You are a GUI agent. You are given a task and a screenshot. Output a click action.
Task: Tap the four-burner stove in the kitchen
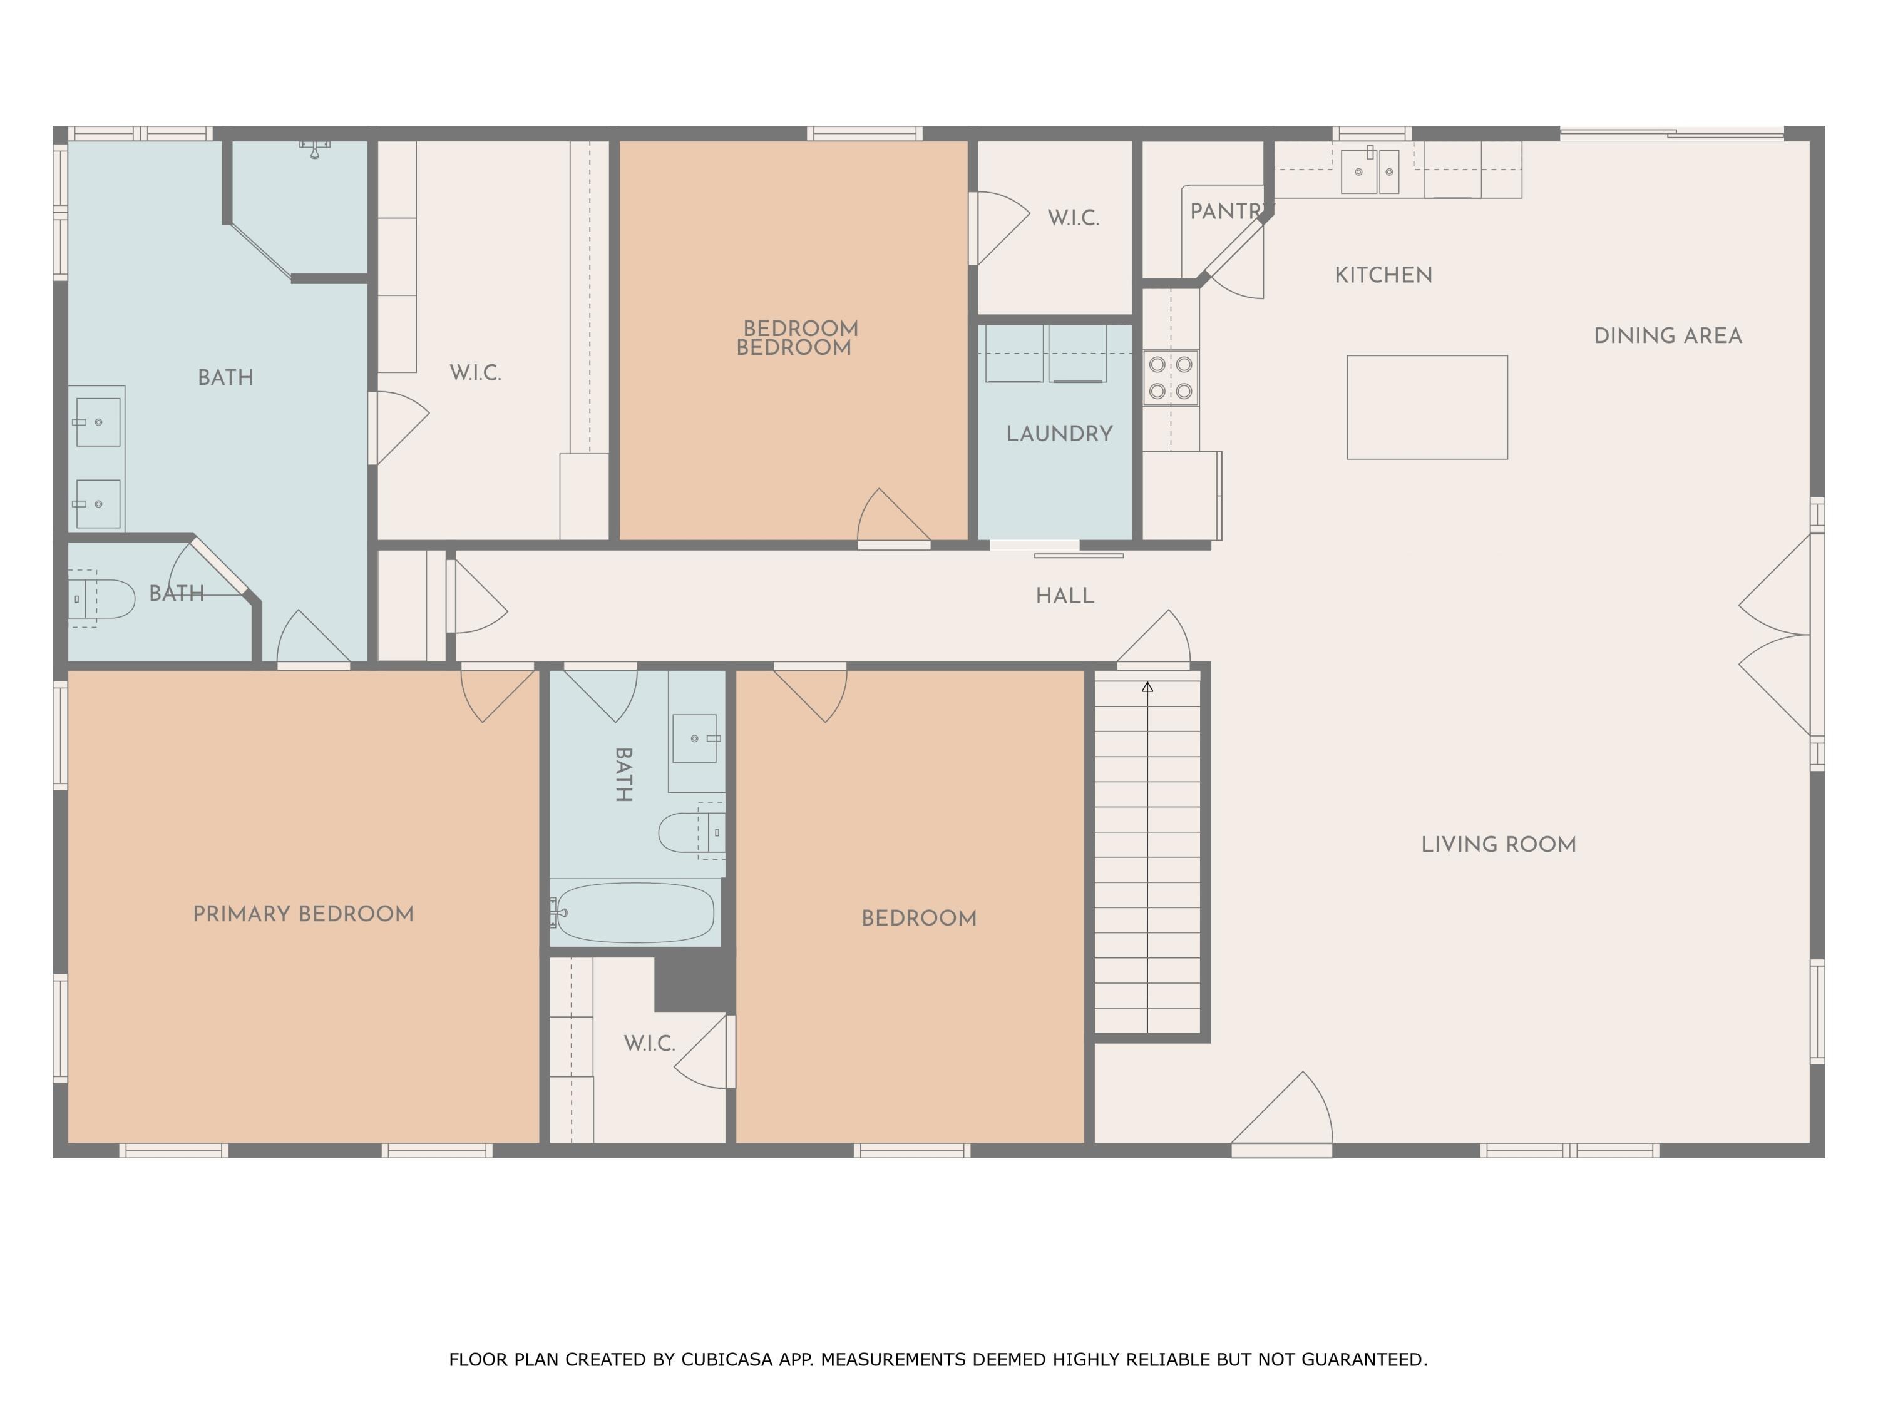[1170, 378]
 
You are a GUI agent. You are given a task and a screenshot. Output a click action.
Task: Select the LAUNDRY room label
[1059, 434]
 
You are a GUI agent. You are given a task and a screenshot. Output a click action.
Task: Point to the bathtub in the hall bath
[635, 912]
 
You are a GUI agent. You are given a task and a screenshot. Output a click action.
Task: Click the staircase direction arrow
[1147, 688]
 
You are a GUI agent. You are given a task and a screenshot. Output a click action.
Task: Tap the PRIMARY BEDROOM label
[303, 914]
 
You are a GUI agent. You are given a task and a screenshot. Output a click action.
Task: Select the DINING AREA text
[1668, 336]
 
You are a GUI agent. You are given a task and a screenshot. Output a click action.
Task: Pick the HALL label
[1065, 596]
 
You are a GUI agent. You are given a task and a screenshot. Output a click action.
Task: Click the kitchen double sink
[1370, 171]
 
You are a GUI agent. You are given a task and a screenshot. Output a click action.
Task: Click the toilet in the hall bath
[689, 832]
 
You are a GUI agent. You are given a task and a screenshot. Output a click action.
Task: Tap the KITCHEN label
[1383, 275]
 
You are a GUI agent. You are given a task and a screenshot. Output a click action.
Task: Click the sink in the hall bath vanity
[694, 738]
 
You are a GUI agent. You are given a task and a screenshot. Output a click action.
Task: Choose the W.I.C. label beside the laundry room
[1073, 218]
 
